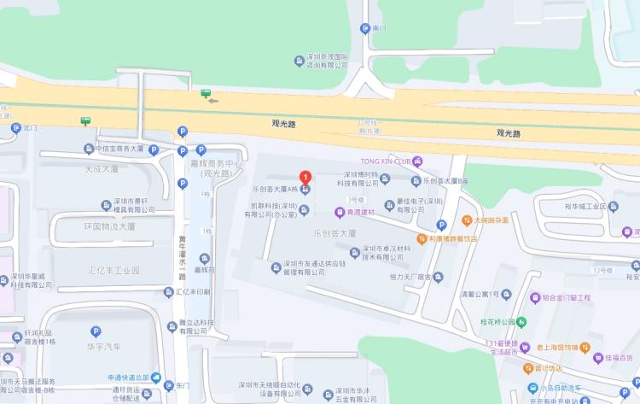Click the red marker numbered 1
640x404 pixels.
[x=305, y=178]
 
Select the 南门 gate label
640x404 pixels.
[x=379, y=28]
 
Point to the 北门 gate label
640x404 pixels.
[x=32, y=128]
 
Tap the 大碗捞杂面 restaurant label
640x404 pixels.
[x=493, y=220]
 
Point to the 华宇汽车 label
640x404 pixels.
[x=103, y=346]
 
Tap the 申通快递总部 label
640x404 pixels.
[x=128, y=377]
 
